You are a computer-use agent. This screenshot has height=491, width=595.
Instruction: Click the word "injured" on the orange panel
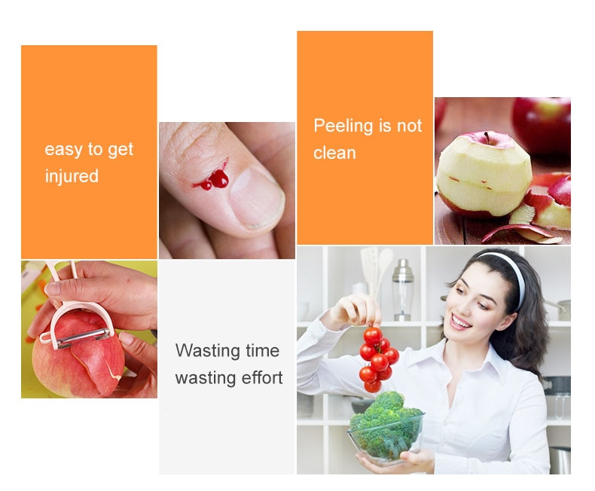[72, 177]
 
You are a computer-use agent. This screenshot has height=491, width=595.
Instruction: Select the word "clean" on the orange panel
[334, 153]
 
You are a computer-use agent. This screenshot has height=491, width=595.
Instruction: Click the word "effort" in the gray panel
[262, 377]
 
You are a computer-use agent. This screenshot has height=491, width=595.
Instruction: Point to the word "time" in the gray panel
[262, 350]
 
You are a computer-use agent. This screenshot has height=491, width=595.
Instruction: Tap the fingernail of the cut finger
[257, 200]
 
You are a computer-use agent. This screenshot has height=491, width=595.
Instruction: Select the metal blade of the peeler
[84, 337]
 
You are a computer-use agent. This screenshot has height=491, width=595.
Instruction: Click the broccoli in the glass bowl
[385, 425]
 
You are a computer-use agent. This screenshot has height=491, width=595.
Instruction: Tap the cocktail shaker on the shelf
[403, 289]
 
